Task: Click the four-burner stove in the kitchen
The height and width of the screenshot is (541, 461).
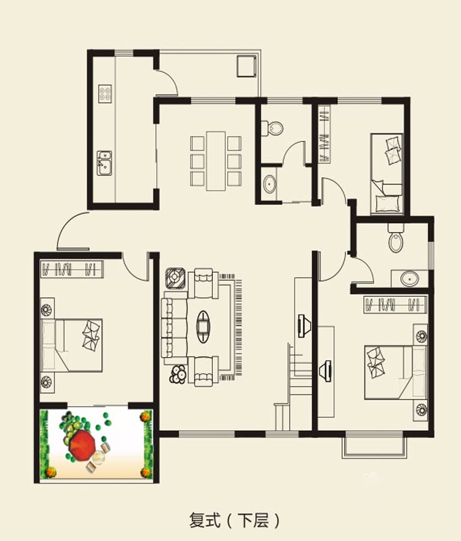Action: point(105,93)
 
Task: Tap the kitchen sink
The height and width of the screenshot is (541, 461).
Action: point(104,163)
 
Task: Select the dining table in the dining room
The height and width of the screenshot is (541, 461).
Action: point(216,161)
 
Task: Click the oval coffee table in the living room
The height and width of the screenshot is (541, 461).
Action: point(203,327)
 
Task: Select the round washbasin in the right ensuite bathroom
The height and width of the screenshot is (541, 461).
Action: point(410,279)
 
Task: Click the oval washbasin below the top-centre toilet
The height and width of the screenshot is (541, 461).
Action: point(269,183)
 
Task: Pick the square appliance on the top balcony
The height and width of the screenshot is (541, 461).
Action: point(247,66)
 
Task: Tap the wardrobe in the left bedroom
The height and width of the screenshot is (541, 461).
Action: point(72,269)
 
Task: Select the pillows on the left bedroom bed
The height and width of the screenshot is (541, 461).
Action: point(91,335)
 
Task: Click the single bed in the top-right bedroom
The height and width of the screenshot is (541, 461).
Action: point(387,174)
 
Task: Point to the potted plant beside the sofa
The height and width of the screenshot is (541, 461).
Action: point(178,375)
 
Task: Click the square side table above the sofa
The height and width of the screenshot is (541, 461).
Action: point(176,278)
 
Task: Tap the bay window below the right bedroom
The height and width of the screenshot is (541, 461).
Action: point(374,448)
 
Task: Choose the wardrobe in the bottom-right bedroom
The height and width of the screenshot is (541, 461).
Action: point(395,305)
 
